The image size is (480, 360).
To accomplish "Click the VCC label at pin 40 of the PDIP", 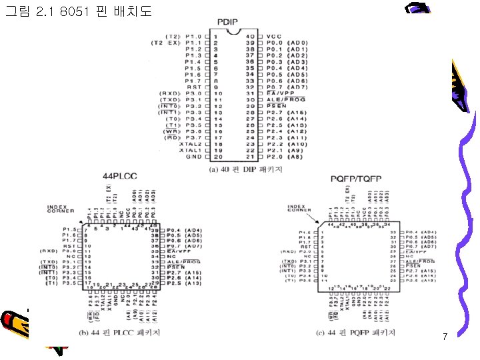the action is tap(273, 35).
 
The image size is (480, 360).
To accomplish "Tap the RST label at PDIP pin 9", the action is tap(194, 87).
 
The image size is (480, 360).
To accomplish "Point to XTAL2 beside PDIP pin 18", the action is tap(190, 143).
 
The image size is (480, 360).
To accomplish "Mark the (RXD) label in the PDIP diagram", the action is tap(167, 93).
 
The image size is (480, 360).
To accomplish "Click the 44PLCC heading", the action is tap(119, 175).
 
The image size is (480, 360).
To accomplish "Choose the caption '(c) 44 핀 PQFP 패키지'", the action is tap(357, 331).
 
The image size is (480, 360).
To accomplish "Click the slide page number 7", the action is tap(445, 337).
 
